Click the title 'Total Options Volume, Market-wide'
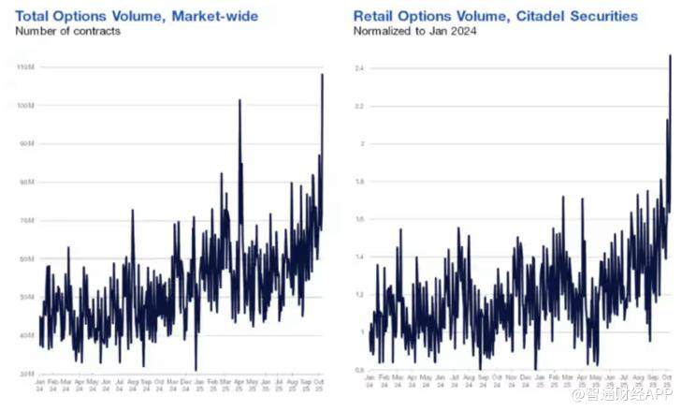137,15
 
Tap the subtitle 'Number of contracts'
67,31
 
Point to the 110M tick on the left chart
26,67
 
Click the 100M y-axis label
26,106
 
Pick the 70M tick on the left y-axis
27,220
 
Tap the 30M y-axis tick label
27,373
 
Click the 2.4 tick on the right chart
359,68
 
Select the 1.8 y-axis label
359,182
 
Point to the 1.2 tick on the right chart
359,294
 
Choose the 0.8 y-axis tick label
359,370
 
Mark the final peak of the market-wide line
323,75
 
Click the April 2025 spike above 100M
239,100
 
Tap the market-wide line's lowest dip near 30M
196,370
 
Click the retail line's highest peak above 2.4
670,56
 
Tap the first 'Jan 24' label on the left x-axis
40,385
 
